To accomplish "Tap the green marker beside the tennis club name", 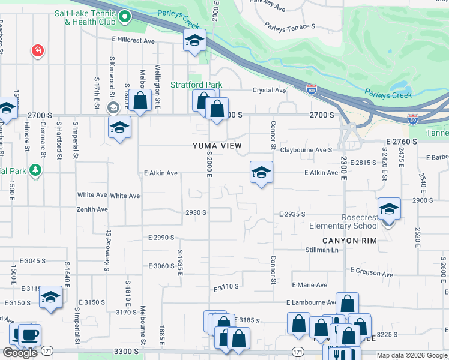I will click(125, 17).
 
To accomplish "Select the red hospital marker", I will click(38, 51).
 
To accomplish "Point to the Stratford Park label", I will click(196, 85).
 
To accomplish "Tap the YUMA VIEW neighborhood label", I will click(217, 146).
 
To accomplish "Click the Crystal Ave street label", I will click(269, 90).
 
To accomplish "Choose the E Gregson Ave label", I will click(372, 273).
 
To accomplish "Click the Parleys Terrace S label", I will click(290, 26).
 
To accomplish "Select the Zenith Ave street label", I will click(92, 209).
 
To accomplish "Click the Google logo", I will click(20, 353).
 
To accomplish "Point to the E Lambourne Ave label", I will click(311, 302).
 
